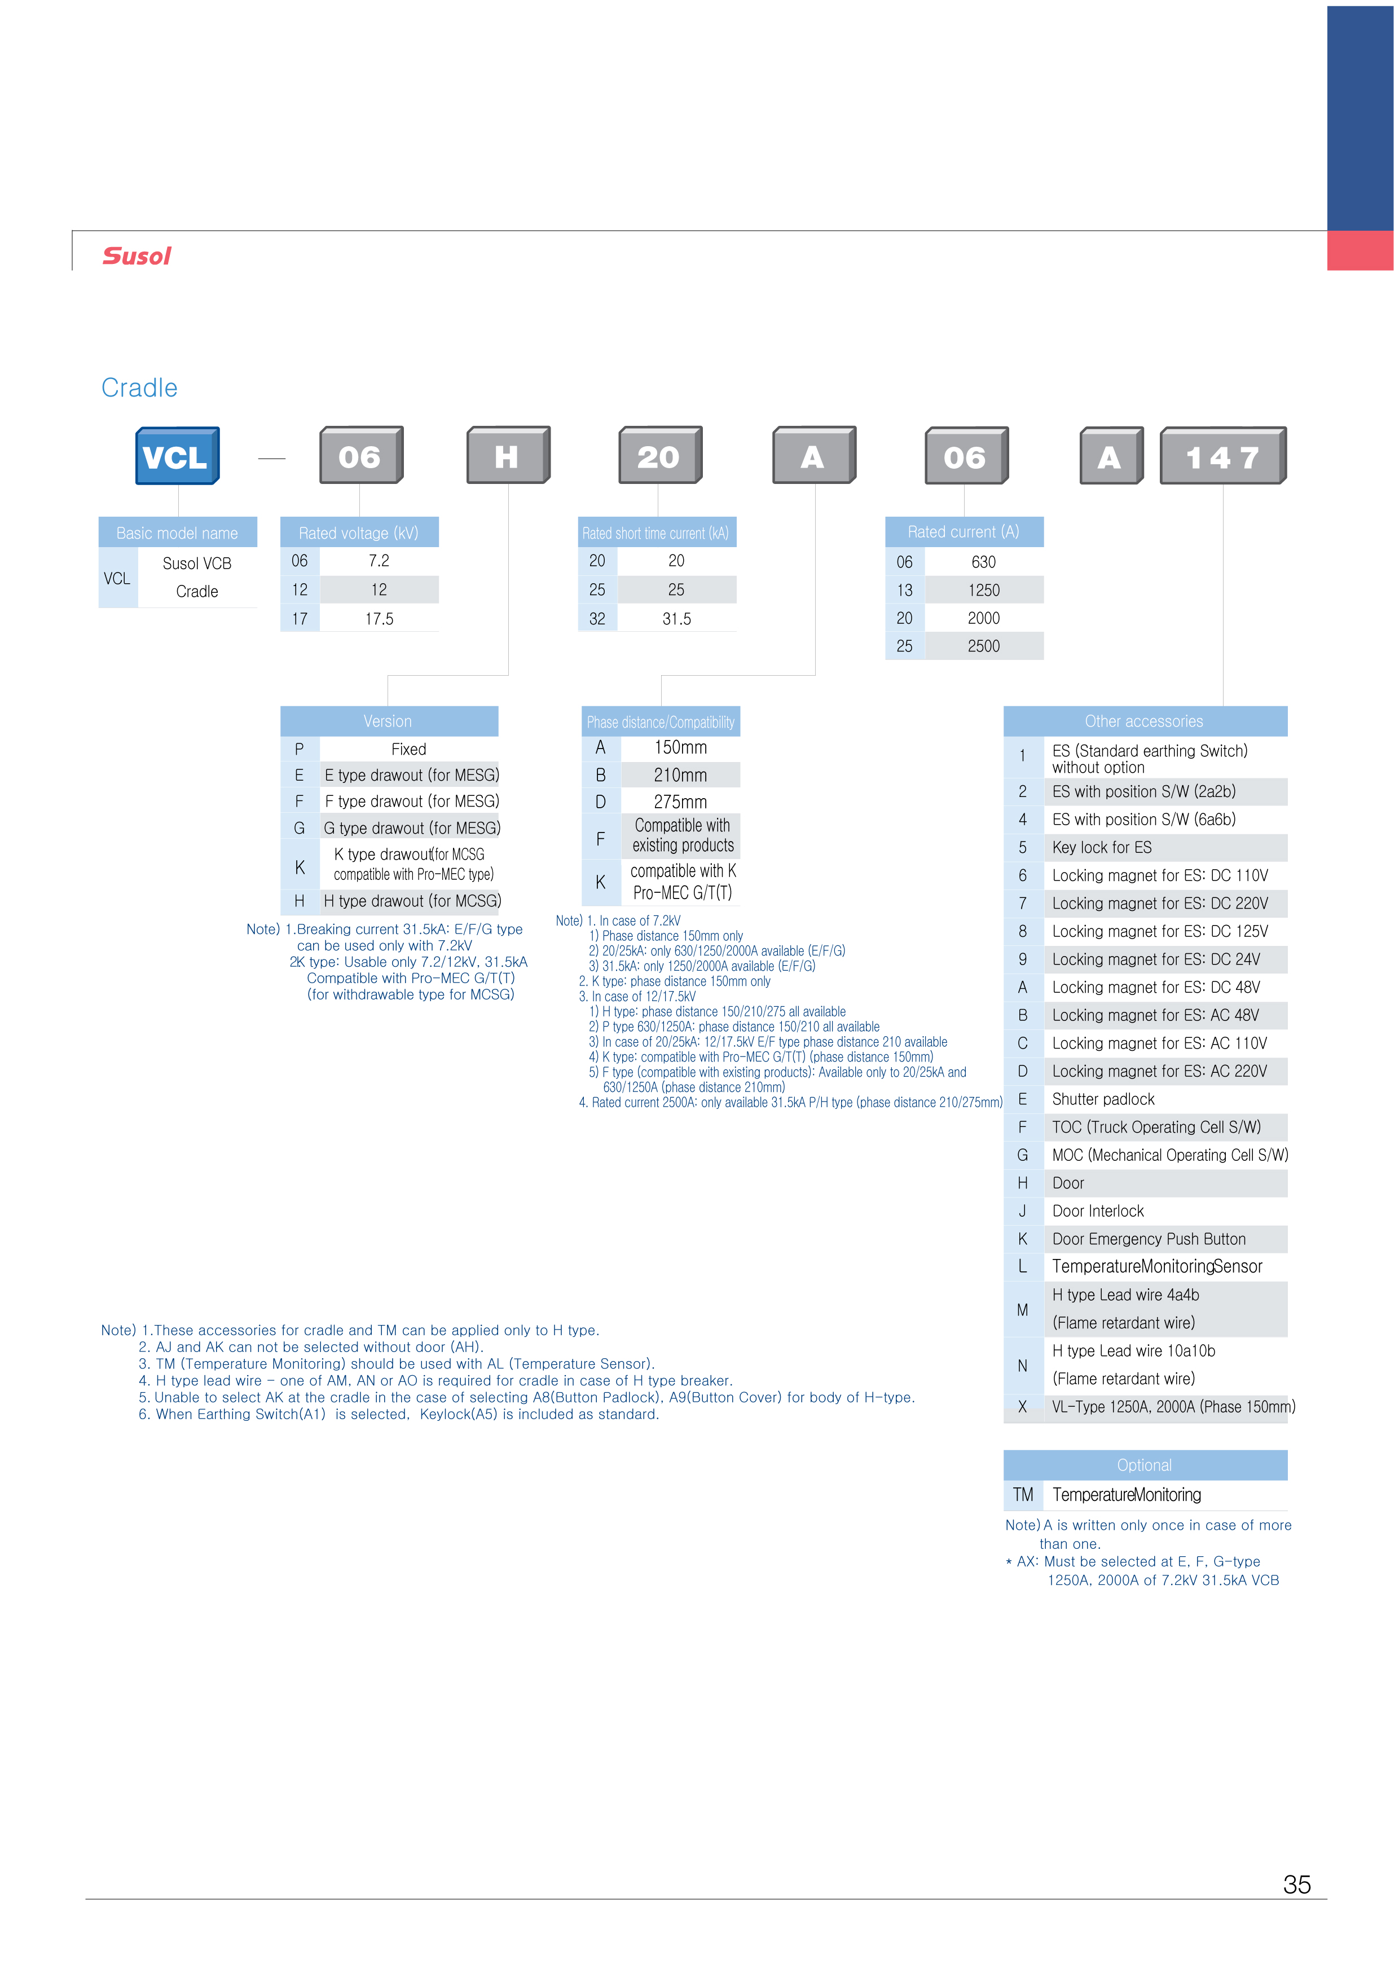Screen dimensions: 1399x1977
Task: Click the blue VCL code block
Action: pyautogui.click(x=178, y=456)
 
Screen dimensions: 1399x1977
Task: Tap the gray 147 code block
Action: pyautogui.click(x=1223, y=456)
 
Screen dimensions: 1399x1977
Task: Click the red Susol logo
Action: pyautogui.click(x=137, y=256)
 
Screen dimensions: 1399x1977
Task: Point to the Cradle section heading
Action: pyautogui.click(x=139, y=388)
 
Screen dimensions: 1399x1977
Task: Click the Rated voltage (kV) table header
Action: pyautogui.click(x=359, y=532)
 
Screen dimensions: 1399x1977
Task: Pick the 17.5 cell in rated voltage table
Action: pyautogui.click(x=379, y=619)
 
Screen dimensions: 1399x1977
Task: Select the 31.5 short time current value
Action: pyautogui.click(x=676, y=619)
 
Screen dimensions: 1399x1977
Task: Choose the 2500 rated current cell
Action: pyautogui.click(x=984, y=646)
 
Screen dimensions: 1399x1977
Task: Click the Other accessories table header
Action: pyautogui.click(x=1145, y=721)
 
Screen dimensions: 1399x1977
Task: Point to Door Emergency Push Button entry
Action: pyautogui.click(x=1149, y=1239)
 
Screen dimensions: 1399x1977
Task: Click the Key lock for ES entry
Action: pyautogui.click(x=1102, y=848)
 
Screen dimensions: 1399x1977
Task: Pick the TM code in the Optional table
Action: pyautogui.click(x=1023, y=1495)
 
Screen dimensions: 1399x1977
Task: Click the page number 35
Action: pyautogui.click(x=1296, y=1885)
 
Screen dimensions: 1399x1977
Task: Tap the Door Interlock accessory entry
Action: pyautogui.click(x=1098, y=1211)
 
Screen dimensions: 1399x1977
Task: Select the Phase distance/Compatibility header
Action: pyautogui.click(x=661, y=722)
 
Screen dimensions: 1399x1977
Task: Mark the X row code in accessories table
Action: pyautogui.click(x=1023, y=1407)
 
